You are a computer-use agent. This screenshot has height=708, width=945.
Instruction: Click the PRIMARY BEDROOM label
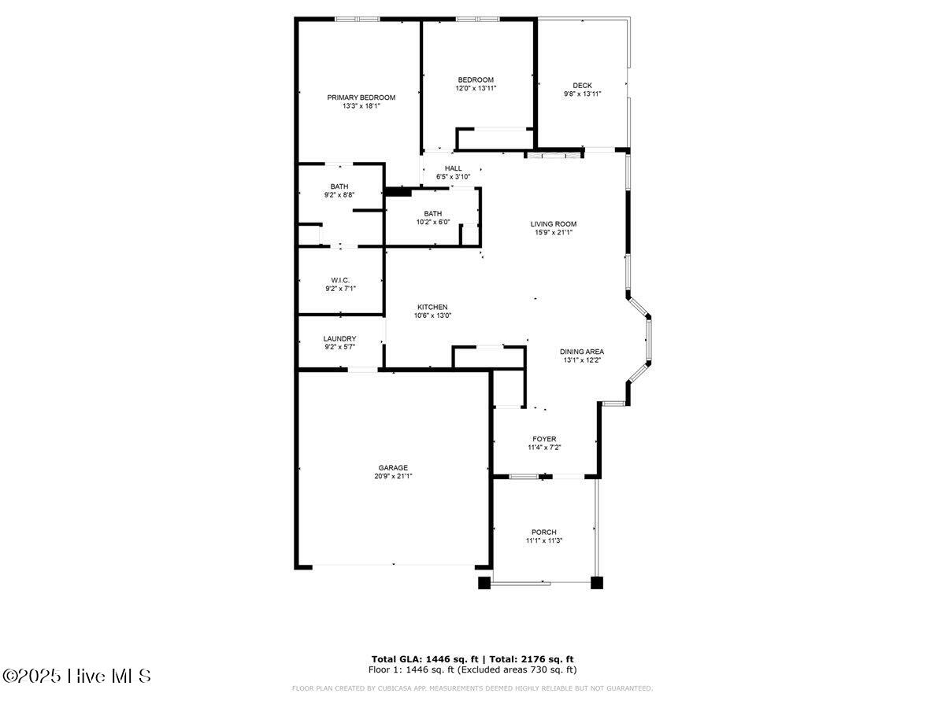[x=361, y=97]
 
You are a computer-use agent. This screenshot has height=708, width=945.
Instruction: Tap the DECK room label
[x=582, y=86]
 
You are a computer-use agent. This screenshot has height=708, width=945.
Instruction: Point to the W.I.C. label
[x=339, y=280]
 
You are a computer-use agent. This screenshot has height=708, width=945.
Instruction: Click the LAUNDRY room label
[x=339, y=338]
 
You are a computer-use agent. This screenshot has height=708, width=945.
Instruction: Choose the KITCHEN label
[x=432, y=307]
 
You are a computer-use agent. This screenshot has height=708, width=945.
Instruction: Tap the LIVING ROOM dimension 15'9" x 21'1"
[x=553, y=232]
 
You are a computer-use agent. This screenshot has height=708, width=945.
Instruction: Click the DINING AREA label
[x=582, y=352]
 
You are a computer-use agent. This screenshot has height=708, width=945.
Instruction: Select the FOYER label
[x=544, y=439]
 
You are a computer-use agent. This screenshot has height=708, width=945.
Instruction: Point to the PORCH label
[x=543, y=532]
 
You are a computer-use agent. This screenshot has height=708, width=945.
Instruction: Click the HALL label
[x=453, y=168]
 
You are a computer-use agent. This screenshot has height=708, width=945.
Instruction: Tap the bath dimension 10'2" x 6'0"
[x=432, y=222]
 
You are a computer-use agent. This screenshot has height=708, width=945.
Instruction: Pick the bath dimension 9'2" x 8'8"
[x=339, y=195]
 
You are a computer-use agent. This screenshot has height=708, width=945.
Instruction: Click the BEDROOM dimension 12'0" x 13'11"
[x=476, y=88]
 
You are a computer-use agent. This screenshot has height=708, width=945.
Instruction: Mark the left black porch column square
[x=484, y=583]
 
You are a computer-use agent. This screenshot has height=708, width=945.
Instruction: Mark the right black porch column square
[x=596, y=583]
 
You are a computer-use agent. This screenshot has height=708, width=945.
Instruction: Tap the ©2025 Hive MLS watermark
[x=76, y=676]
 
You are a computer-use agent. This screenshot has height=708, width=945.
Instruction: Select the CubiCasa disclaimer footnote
[x=472, y=688]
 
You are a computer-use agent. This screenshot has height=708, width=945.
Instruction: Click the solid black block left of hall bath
[x=398, y=191]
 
